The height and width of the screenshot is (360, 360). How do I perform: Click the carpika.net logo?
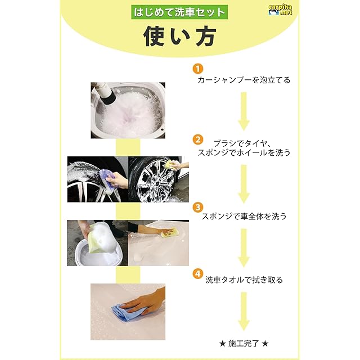pyautogui.click(x=280, y=10)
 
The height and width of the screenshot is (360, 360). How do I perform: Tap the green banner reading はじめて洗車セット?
pyautogui.click(x=179, y=12)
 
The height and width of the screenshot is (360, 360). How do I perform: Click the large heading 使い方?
pyautogui.click(x=180, y=36)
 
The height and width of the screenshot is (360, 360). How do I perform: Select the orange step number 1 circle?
pyautogui.click(x=197, y=69)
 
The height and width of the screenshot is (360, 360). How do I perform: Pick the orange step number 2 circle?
pyautogui.click(x=197, y=139)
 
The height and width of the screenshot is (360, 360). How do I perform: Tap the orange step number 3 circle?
pyautogui.click(x=197, y=207)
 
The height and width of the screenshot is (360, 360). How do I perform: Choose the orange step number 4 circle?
pyautogui.click(x=197, y=274)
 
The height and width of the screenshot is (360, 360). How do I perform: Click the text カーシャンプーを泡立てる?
pyautogui.click(x=244, y=80)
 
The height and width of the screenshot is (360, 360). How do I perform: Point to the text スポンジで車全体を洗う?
pyautogui.click(x=244, y=216)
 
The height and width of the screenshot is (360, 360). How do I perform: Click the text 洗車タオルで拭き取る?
pyautogui.click(x=244, y=280)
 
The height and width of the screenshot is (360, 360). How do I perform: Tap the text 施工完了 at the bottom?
pyautogui.click(x=244, y=344)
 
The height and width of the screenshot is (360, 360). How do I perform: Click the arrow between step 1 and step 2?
pyautogui.click(x=244, y=111)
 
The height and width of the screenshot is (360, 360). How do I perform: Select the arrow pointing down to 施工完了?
pyautogui.click(x=244, y=311)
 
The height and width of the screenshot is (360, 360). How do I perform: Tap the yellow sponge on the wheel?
pyautogui.click(x=172, y=165)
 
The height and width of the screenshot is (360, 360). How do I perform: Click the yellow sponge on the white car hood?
pyautogui.click(x=168, y=233)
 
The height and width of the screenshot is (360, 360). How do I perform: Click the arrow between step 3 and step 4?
pyautogui.click(x=244, y=248)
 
